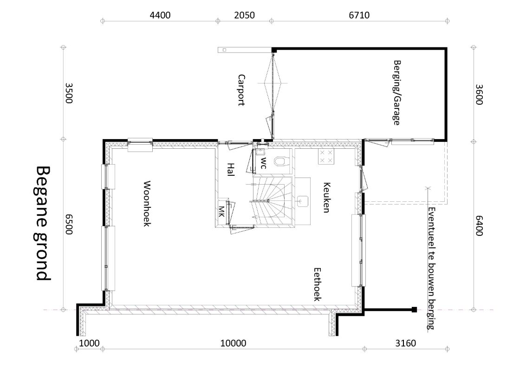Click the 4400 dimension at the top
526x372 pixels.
[x=160, y=15]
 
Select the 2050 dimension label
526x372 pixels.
[x=244, y=15]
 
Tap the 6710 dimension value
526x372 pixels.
[x=359, y=15]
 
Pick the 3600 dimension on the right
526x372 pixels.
[x=479, y=94]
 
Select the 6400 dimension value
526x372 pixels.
[x=479, y=226]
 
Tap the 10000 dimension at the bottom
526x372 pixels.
[x=233, y=343]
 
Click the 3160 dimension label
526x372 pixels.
[x=405, y=343]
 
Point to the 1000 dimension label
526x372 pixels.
[x=89, y=343]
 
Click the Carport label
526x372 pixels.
[x=241, y=90]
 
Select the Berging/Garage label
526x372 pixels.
[x=397, y=93]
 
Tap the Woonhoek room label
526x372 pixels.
[x=147, y=204]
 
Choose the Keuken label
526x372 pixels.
[x=326, y=197]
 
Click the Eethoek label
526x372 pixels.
[x=317, y=284]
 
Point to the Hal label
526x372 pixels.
[x=230, y=169]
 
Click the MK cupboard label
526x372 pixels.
[x=221, y=212]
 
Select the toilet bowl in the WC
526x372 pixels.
[x=281, y=162]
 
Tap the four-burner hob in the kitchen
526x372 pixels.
[x=326, y=157]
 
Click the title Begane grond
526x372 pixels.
[x=43, y=223]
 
